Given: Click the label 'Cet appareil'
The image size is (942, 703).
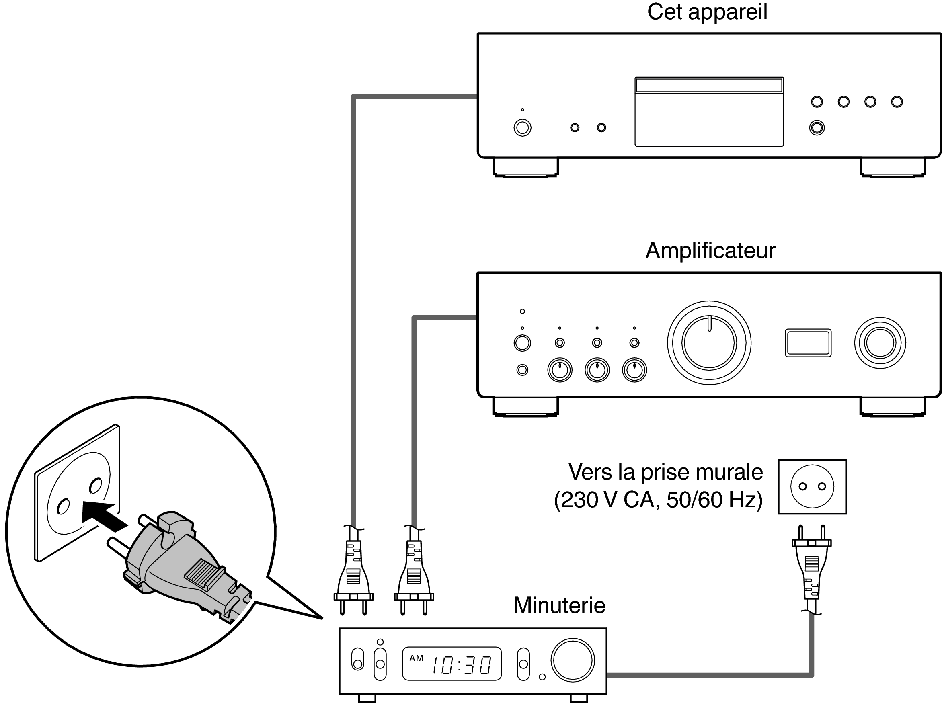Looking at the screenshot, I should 707,12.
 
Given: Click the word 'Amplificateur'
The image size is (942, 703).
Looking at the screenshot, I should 710,251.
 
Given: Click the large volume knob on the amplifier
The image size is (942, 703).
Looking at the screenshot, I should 709,342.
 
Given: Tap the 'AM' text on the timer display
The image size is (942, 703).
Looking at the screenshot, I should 416,658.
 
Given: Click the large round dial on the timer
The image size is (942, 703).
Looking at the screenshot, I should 572,660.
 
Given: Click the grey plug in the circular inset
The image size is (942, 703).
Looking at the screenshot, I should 179,562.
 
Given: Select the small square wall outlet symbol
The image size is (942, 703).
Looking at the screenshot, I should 812,486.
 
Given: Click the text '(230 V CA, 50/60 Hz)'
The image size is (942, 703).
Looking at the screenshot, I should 658,500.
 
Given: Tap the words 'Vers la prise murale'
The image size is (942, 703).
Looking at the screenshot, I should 665,472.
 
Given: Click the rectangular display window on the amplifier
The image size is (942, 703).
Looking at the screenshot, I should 808,342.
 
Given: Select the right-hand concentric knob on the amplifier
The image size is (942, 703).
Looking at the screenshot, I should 880,342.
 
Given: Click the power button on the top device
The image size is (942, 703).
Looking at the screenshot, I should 522,128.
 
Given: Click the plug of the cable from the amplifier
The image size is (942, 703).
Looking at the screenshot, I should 414,574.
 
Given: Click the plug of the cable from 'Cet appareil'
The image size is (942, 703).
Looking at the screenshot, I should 353,574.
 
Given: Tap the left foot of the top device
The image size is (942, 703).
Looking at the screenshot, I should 525,167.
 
